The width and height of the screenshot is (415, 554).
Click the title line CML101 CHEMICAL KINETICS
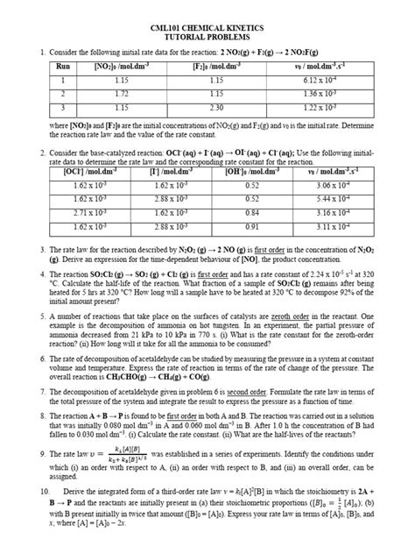coord(207,25)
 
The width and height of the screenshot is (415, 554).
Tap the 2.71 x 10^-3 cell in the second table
coord(72,212)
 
